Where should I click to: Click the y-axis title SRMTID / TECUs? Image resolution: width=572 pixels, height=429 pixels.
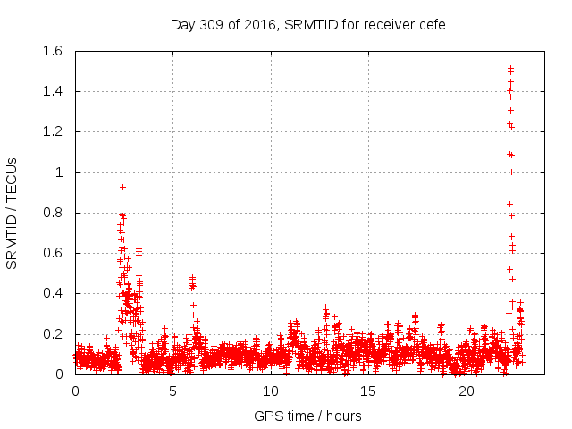click(x=13, y=213)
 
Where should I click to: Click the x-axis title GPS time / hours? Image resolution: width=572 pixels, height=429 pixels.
click(x=307, y=416)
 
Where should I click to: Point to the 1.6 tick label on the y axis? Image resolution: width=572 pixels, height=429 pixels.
click(x=52, y=51)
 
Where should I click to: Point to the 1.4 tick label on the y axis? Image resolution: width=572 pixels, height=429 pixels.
click(x=52, y=91)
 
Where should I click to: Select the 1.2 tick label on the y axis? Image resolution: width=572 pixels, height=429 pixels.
click(x=52, y=132)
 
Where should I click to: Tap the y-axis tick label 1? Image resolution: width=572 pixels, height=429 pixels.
click(x=59, y=172)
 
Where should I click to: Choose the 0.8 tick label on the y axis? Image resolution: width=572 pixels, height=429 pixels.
click(x=52, y=213)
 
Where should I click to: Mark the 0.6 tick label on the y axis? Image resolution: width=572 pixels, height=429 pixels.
click(x=52, y=253)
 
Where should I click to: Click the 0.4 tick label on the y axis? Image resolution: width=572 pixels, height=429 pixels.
click(x=52, y=294)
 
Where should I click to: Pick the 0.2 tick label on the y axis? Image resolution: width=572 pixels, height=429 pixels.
click(x=52, y=334)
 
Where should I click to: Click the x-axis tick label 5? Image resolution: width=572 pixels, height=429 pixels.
click(x=173, y=391)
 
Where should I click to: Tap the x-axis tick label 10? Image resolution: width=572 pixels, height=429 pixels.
click(x=271, y=391)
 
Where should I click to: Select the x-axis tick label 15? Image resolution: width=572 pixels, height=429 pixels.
click(x=369, y=391)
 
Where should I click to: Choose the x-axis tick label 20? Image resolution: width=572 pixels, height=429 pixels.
click(x=467, y=391)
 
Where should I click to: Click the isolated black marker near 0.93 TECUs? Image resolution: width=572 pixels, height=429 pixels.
click(x=122, y=187)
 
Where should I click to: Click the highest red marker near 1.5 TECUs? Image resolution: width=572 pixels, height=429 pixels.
click(x=510, y=68)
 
